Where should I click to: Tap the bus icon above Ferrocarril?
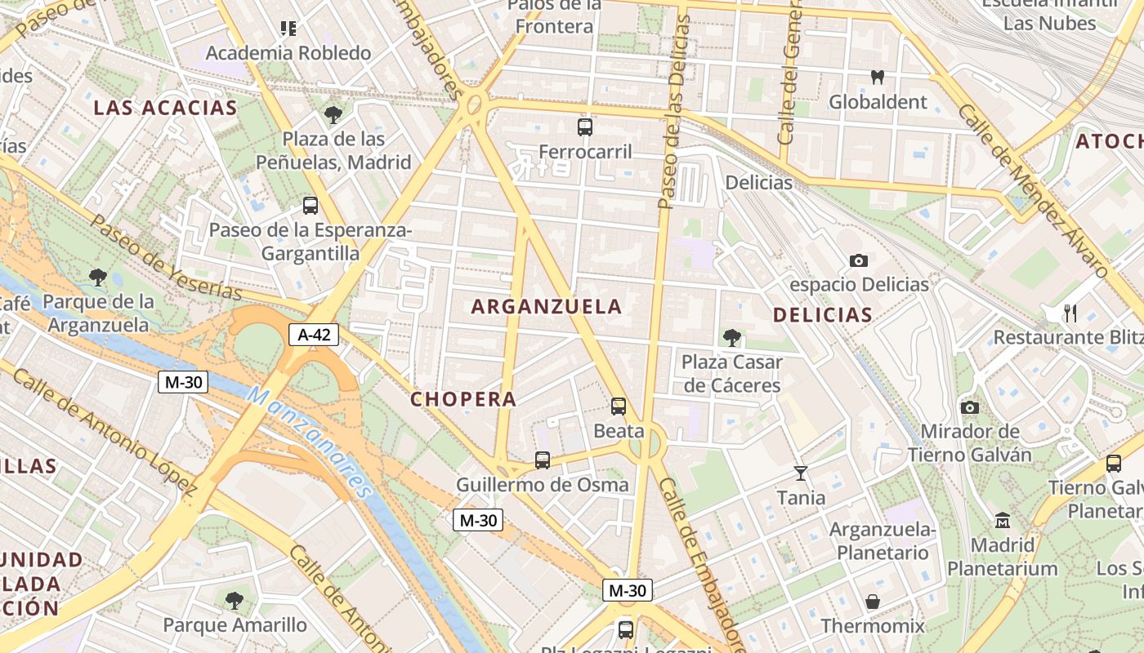click(585, 127)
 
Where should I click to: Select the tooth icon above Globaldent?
click(878, 78)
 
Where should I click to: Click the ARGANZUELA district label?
click(547, 307)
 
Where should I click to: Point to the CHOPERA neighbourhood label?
click(463, 399)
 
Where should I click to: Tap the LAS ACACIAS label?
click(165, 108)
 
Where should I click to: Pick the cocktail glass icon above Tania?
click(800, 473)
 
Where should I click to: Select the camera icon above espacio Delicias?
click(858, 261)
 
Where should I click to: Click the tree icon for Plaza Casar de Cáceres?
click(731, 337)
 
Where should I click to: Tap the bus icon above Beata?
click(619, 406)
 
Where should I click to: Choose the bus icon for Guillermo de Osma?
click(542, 460)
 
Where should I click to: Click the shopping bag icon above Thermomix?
click(873, 602)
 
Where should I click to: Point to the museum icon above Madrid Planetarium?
click(1003, 520)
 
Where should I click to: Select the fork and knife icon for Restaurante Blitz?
click(1070, 313)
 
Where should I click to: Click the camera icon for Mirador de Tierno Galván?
click(970, 407)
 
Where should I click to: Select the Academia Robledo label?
click(288, 53)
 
